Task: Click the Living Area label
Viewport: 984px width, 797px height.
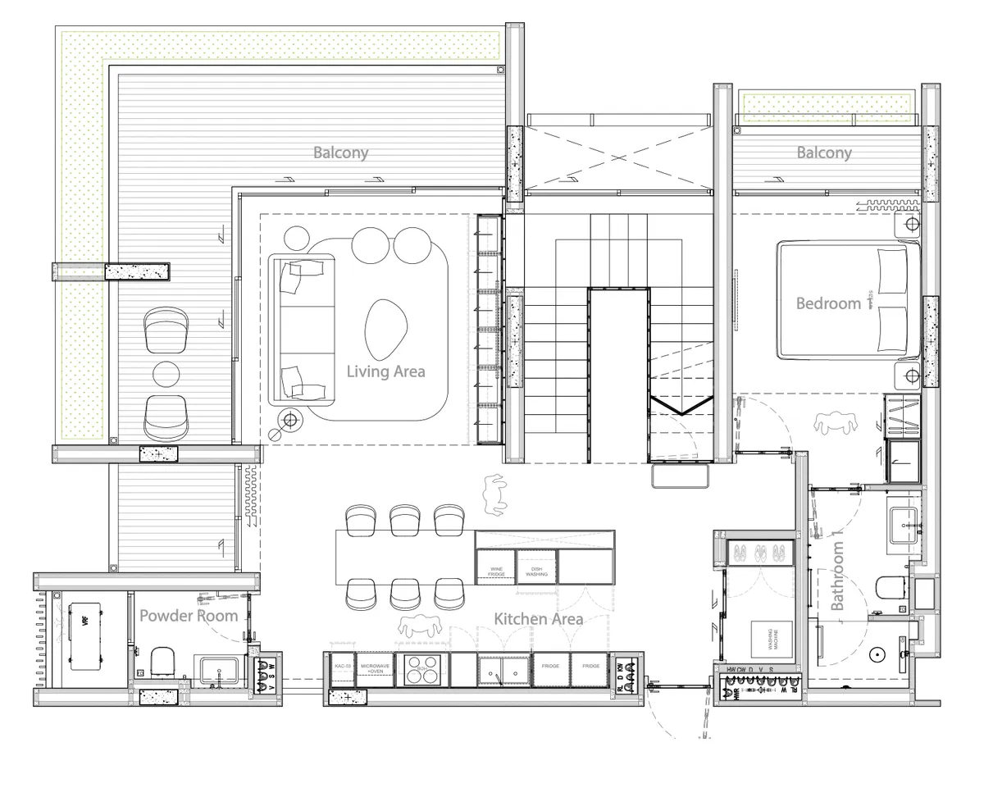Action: click(x=385, y=371)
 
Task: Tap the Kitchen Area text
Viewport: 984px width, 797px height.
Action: click(x=538, y=618)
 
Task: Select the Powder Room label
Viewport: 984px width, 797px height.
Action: click(x=189, y=615)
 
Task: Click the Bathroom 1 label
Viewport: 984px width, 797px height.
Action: click(x=837, y=574)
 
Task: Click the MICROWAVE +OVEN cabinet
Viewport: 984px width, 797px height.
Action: click(x=375, y=669)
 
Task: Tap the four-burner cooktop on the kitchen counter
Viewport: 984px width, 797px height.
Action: click(x=422, y=669)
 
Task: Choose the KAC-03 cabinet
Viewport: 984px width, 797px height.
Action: click(x=342, y=669)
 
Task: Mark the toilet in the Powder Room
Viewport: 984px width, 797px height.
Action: click(x=163, y=660)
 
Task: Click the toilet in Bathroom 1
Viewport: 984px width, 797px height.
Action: click(x=889, y=588)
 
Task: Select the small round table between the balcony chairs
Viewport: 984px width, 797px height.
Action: click(x=166, y=373)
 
